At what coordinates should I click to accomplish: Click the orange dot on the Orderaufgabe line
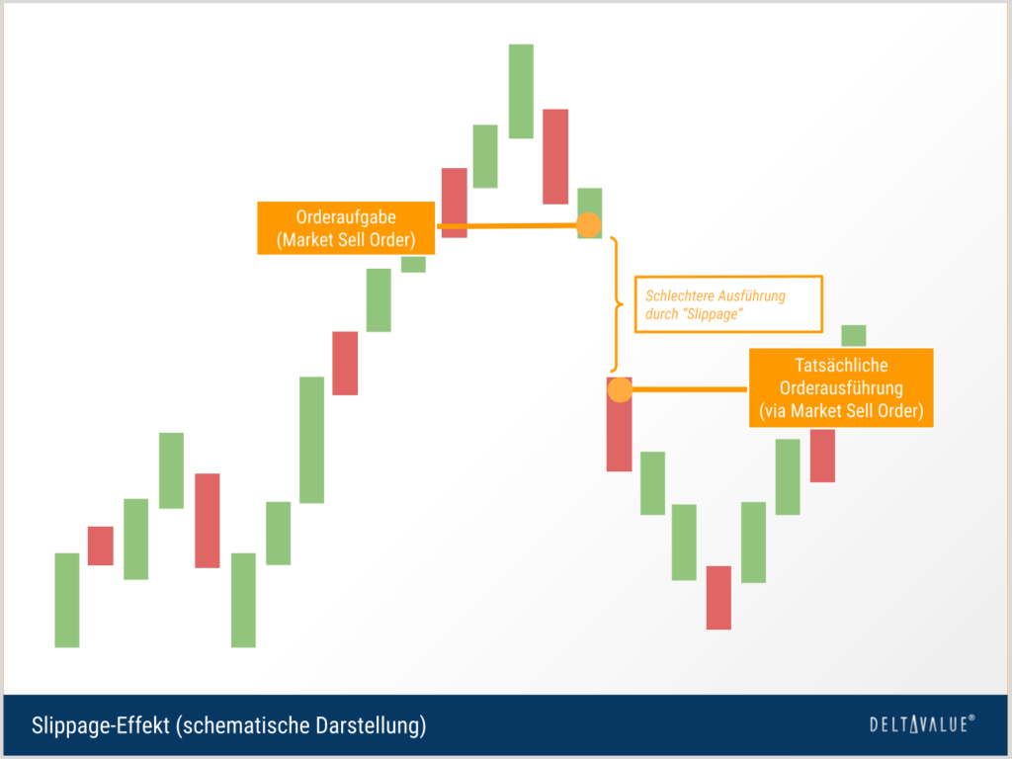coord(588,224)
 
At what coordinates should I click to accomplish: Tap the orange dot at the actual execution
coord(620,389)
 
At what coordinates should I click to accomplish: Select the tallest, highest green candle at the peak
coord(521,91)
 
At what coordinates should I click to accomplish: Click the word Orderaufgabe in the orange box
coord(346,216)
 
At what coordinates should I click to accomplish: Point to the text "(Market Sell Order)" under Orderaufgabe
coord(346,240)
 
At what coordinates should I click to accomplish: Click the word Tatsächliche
coord(841,366)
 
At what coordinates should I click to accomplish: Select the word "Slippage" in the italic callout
coord(714,314)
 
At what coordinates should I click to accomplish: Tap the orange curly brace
coord(617,304)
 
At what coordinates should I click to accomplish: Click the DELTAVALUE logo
coord(922,724)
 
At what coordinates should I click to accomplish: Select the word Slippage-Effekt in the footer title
coord(100,725)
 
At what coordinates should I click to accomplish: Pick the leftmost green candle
coord(67,600)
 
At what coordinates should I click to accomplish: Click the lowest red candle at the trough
coord(718,598)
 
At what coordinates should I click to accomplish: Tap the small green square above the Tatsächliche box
coord(853,336)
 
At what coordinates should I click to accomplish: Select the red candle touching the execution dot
coord(619,424)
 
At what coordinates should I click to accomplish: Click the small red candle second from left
coord(100,546)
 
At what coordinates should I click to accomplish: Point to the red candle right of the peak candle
coord(555,157)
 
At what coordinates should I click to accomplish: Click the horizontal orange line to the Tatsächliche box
coord(689,389)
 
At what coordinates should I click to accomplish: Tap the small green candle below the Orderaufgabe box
coord(413,265)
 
